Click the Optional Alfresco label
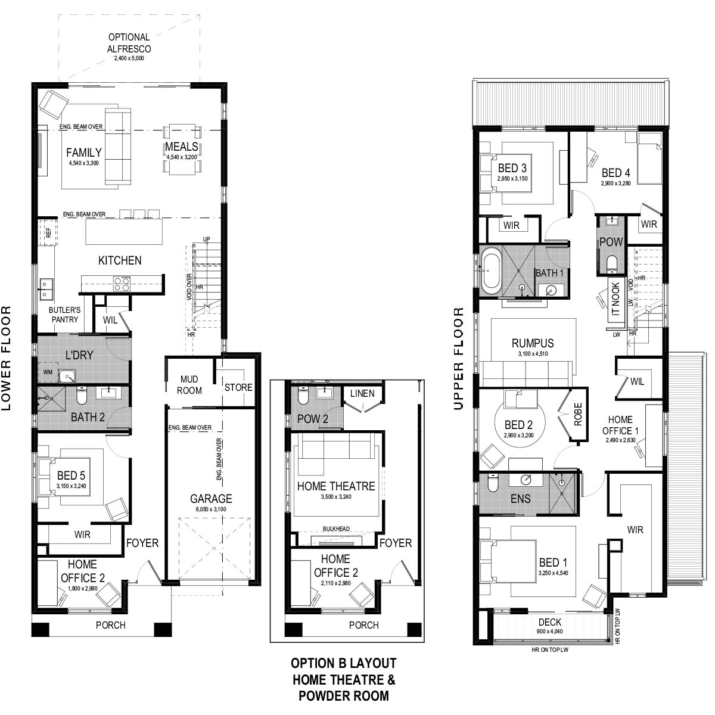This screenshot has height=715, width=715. pyautogui.click(x=129, y=43)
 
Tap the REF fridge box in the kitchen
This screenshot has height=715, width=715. pyautogui.click(x=48, y=232)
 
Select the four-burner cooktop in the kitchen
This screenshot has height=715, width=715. pyautogui.click(x=122, y=284)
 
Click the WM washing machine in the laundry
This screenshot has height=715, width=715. pyautogui.click(x=48, y=372)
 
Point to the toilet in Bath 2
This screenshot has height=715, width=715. pyautogui.click(x=81, y=396)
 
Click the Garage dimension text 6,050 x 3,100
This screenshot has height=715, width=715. pyautogui.click(x=211, y=509)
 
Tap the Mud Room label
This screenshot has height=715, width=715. pyautogui.click(x=189, y=385)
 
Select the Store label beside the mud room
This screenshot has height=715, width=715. pyautogui.click(x=238, y=387)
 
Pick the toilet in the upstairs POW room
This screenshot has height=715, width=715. pyautogui.click(x=611, y=265)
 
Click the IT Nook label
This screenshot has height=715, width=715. pyautogui.click(x=615, y=299)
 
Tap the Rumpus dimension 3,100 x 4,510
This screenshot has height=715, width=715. pyautogui.click(x=533, y=353)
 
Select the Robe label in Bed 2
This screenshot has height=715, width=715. pyautogui.click(x=578, y=414)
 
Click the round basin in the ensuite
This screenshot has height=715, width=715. pyautogui.click(x=526, y=480)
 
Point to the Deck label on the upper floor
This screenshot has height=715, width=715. pyautogui.click(x=550, y=622)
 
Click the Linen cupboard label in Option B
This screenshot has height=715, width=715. pyautogui.click(x=362, y=393)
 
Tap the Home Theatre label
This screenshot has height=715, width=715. pyautogui.click(x=336, y=486)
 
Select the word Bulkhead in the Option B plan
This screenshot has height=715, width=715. pyautogui.click(x=336, y=529)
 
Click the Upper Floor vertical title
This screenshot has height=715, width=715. pyautogui.click(x=459, y=359)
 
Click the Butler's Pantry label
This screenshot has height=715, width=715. pyautogui.click(x=64, y=315)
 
